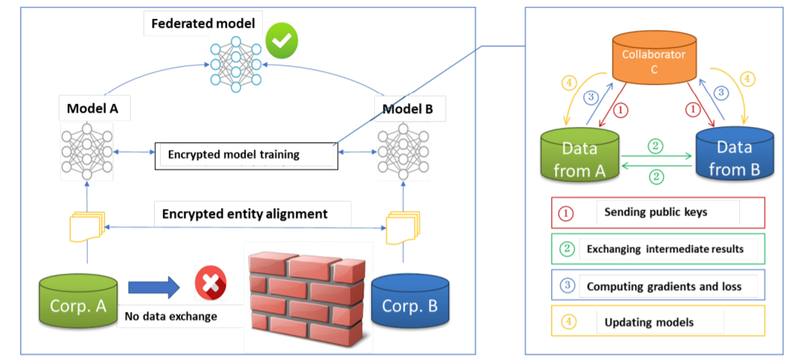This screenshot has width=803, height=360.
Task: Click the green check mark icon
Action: click(x=281, y=43)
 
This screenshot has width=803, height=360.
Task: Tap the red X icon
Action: click(x=210, y=283)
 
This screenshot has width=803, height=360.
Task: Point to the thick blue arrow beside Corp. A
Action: click(x=153, y=286)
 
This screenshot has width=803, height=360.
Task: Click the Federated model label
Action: click(x=202, y=23)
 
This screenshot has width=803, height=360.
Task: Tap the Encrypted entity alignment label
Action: click(x=245, y=214)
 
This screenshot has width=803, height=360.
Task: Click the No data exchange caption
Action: click(x=171, y=316)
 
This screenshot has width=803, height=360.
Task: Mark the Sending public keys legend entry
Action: click(x=657, y=213)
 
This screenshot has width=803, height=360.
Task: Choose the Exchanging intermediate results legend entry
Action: click(x=657, y=249)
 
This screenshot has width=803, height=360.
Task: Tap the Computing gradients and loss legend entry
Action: click(x=657, y=286)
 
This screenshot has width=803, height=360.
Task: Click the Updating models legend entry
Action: click(x=657, y=322)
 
